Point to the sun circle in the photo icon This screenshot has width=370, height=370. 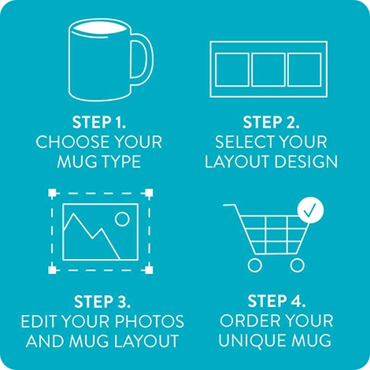[121, 218]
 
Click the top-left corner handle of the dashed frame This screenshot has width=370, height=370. [52, 192]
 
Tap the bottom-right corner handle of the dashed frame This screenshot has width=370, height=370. [151, 270]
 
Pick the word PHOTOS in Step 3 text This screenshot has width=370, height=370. [154, 322]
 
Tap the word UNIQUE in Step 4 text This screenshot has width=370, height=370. [250, 342]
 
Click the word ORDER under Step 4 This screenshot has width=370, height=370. [247, 322]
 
